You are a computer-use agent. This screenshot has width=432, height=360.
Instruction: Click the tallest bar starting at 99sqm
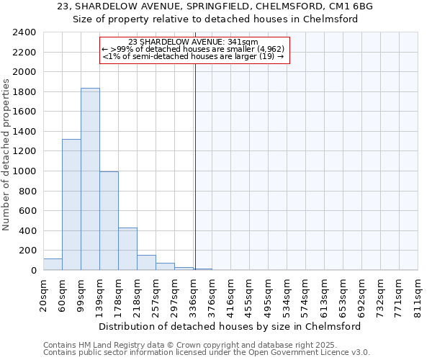[x=90, y=179]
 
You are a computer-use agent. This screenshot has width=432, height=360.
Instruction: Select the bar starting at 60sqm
[x=71, y=204]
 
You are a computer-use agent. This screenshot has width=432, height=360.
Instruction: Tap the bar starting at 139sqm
[x=109, y=221]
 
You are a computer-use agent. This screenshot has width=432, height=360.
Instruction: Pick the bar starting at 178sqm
[x=127, y=249]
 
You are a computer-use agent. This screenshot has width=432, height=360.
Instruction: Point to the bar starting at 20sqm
[x=53, y=264]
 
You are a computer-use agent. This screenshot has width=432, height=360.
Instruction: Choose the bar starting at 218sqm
[x=146, y=263]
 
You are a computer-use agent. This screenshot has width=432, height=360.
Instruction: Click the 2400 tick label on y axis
[x=24, y=32]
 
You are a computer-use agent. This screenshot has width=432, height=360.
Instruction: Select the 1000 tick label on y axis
[x=24, y=171]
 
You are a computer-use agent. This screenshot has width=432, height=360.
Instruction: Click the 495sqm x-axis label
[x=268, y=296]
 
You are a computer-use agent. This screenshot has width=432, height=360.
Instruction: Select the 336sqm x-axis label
[x=193, y=296]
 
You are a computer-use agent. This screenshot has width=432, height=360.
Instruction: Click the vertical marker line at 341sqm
[x=195, y=166]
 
